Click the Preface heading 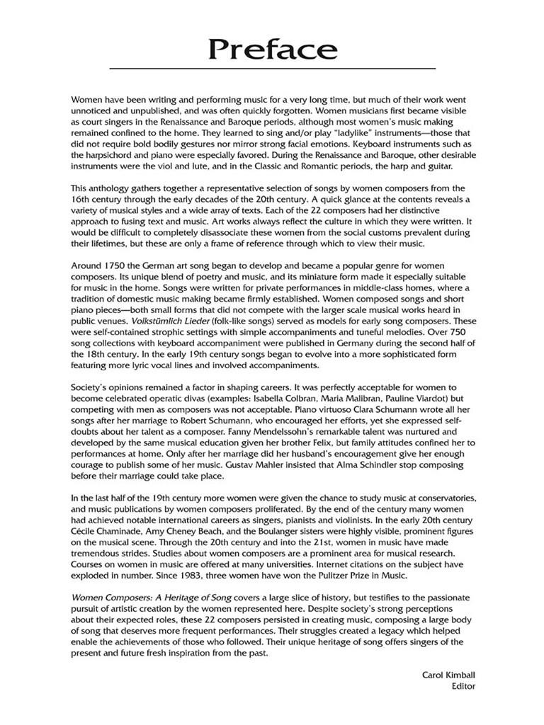coord(273,50)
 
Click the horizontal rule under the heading coord(273,69)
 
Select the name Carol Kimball coord(448,676)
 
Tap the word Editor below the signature coord(463,687)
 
